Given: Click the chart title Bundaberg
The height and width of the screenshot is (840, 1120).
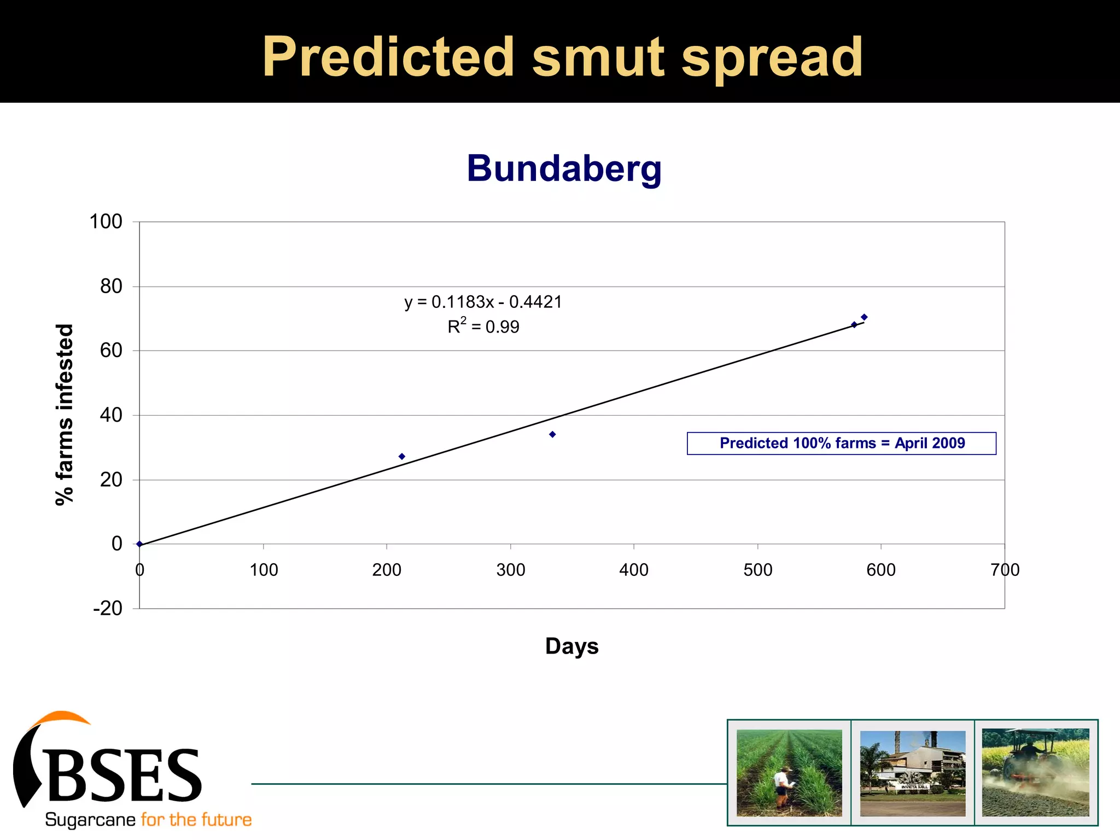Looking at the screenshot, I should [564, 168].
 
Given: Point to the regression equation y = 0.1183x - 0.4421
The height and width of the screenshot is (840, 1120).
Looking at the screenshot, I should [483, 302].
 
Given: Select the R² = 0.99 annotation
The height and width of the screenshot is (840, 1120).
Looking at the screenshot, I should [483, 326].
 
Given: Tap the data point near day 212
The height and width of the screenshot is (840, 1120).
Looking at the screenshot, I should [402, 456].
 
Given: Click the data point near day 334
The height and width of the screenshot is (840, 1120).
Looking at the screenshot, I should [552, 434].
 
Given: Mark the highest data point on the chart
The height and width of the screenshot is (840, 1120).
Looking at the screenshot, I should [864, 317].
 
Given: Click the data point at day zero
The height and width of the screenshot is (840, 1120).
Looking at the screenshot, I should [140, 544].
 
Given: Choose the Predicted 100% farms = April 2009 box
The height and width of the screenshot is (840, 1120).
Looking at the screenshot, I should [841, 443].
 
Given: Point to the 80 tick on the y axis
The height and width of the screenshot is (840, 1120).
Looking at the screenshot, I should [111, 286].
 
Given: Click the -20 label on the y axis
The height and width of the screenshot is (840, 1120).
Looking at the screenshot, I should [108, 608].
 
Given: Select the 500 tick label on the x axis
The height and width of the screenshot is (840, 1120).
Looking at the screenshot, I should [757, 570].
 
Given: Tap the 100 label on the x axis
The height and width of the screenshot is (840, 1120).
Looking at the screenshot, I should [264, 570].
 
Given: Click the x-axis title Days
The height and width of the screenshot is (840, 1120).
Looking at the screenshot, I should [571, 646].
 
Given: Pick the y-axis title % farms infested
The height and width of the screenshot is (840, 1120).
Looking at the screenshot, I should [65, 415].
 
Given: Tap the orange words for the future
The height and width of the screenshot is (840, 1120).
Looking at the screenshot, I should [196, 820].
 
